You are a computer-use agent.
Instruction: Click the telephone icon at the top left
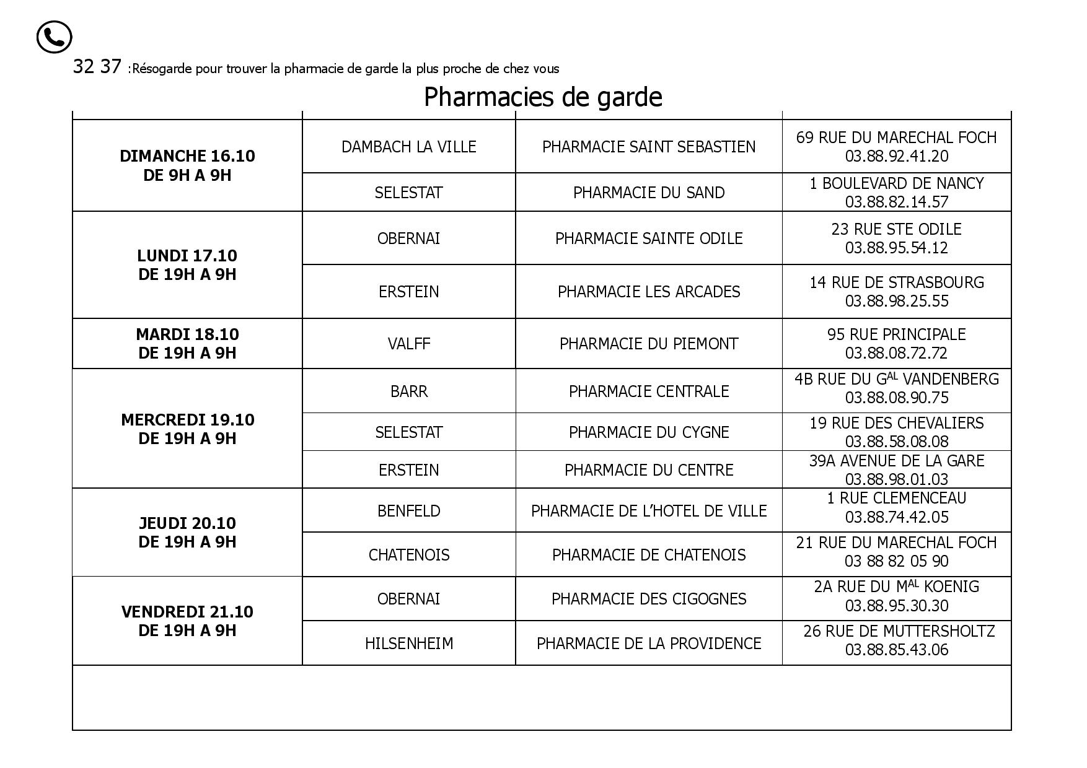(54, 37)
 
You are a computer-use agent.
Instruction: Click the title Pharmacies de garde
(543, 97)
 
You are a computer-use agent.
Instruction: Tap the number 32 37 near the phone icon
(97, 67)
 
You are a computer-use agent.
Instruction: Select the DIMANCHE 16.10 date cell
(187, 165)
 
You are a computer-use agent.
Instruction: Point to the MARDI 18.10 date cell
(187, 343)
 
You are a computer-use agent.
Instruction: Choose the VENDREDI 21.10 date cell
(187, 621)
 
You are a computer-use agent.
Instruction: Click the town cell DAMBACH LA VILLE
(408, 147)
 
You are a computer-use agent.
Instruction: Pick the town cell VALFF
(408, 344)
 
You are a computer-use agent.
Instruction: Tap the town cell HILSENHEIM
(408, 644)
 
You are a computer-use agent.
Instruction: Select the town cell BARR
(408, 391)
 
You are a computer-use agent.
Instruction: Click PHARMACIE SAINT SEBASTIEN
(648, 147)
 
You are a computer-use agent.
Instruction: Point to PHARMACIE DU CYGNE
(648, 432)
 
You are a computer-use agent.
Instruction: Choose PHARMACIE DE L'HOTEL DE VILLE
(648, 511)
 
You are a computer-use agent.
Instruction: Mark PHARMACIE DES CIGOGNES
(648, 599)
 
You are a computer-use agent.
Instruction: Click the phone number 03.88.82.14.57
(896, 202)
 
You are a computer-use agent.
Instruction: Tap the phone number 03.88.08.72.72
(896, 353)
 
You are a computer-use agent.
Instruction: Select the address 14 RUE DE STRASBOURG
(896, 282)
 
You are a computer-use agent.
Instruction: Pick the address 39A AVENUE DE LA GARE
(896, 461)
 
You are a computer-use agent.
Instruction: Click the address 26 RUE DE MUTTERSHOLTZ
(899, 631)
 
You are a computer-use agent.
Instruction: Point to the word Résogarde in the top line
(161, 69)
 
